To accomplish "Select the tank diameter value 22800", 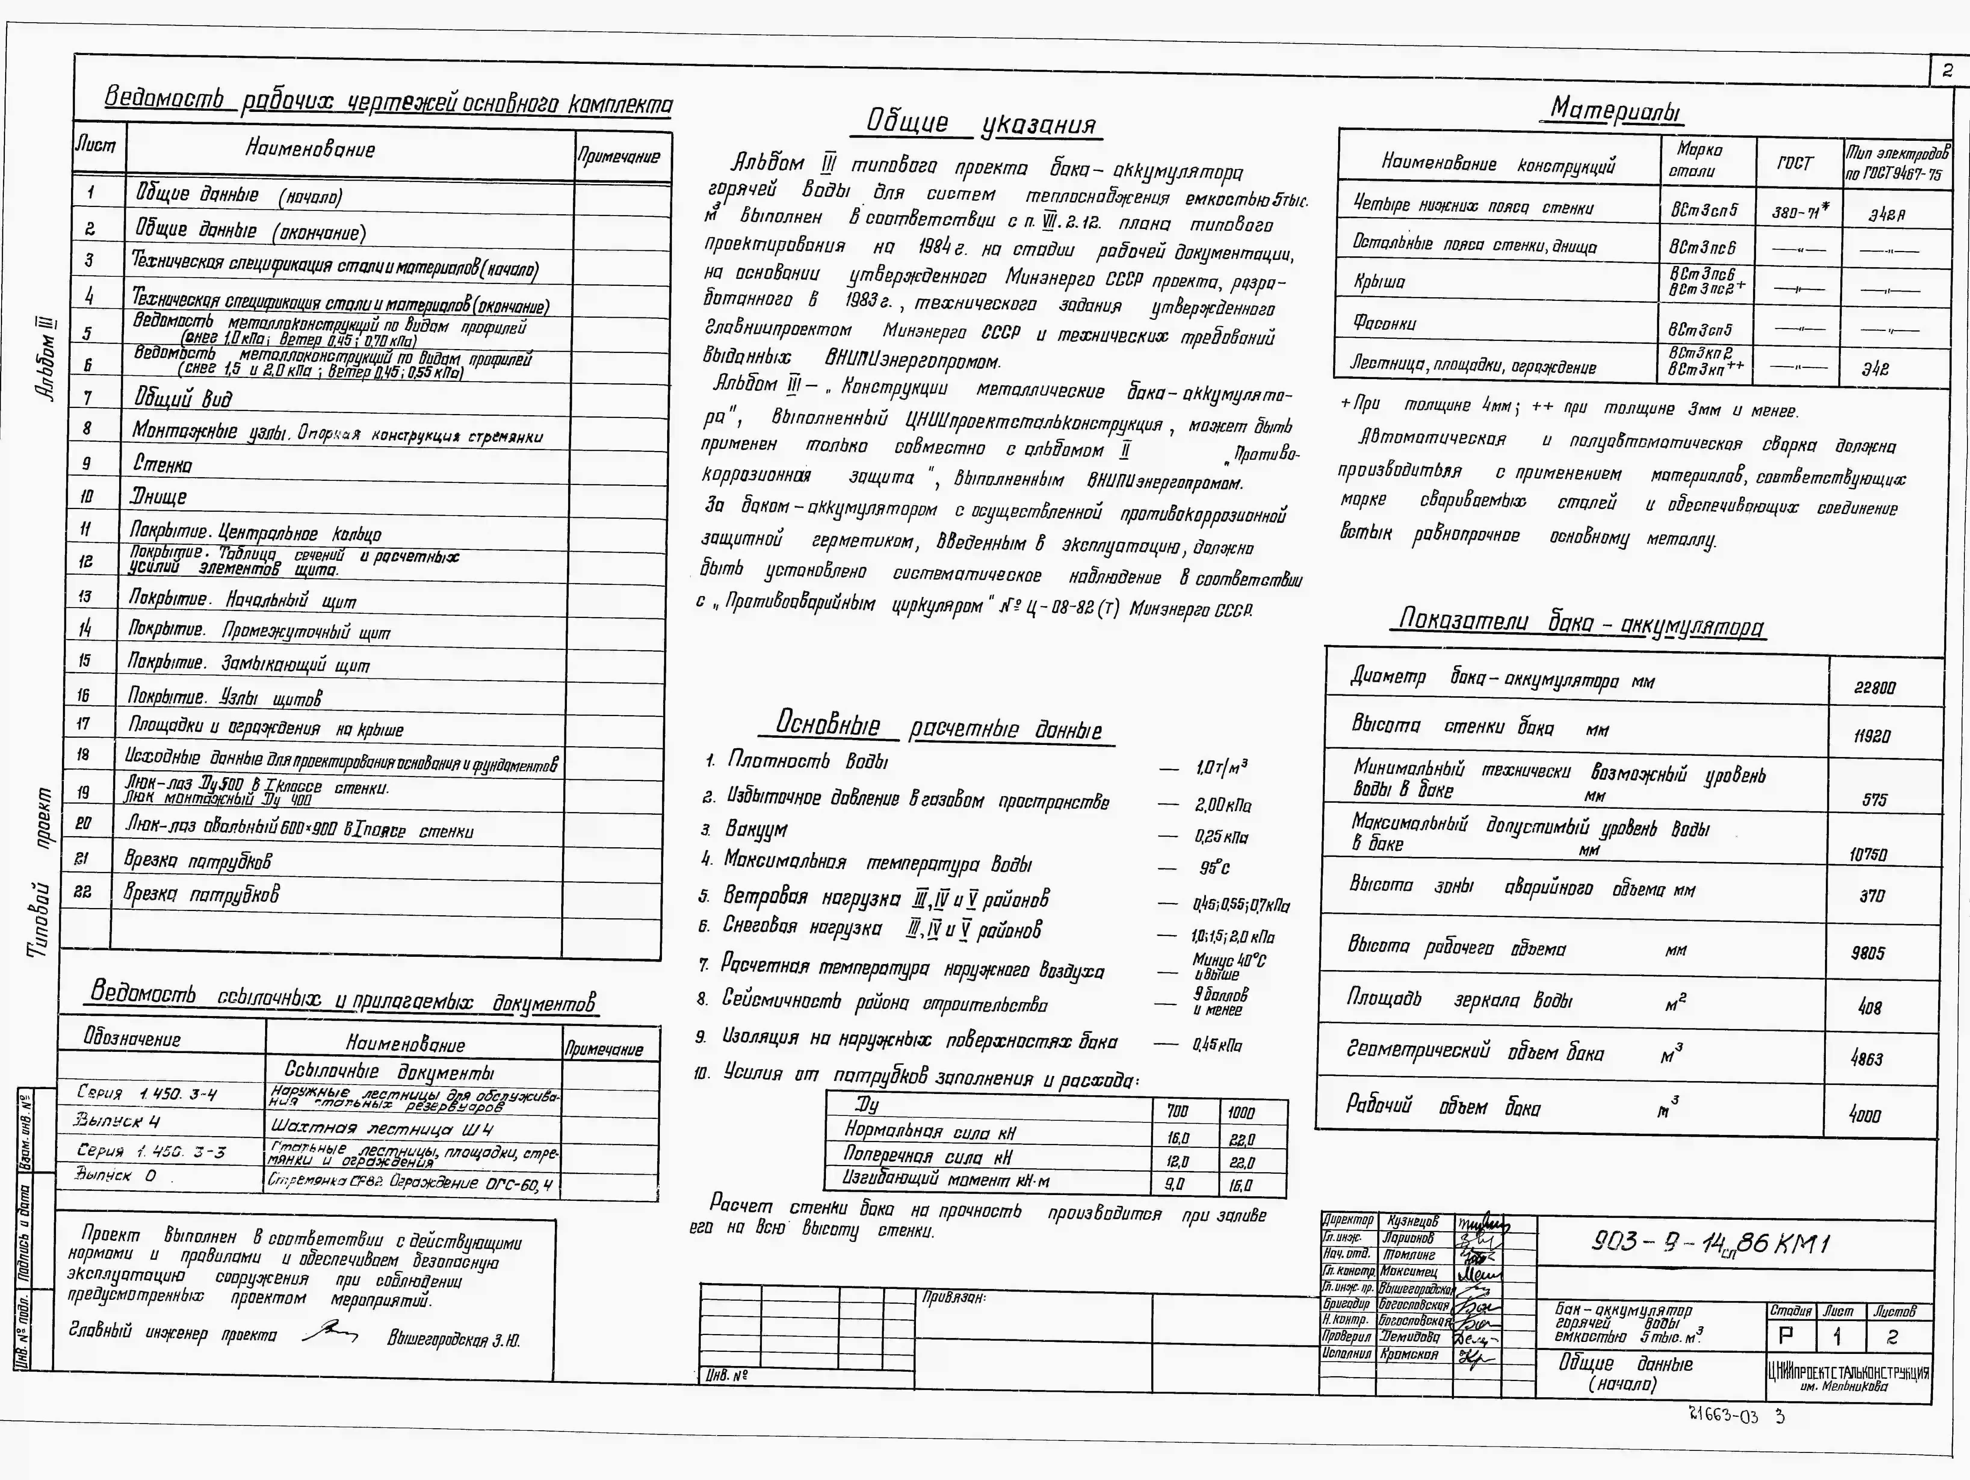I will pos(1875,687).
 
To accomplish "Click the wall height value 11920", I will pos(1871,737).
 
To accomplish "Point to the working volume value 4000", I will pos(1865,1114).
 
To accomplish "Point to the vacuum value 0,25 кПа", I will pos(1221,837).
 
